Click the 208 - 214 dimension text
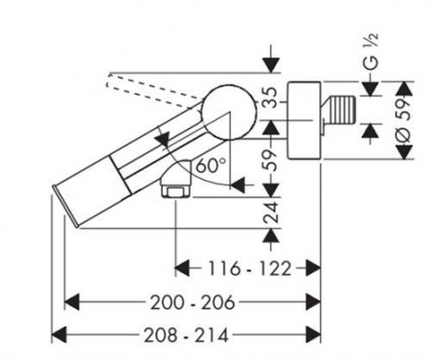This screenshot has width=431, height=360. coord(187,335)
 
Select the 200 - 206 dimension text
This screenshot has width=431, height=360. coord(193,303)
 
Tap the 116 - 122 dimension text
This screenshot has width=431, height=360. coord(250,268)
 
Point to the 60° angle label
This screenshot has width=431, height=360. coord(212,166)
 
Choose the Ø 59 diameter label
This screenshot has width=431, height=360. coord(405,120)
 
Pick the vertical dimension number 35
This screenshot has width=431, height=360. coord(271,98)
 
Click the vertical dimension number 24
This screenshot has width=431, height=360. coord(271,212)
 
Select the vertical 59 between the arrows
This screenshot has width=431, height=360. coord(271,160)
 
